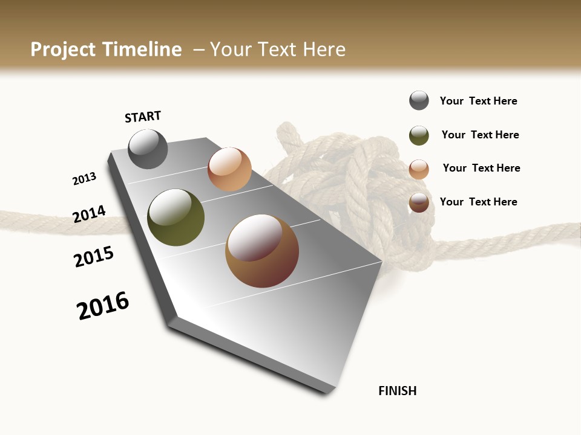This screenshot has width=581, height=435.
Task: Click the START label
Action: click(143, 117)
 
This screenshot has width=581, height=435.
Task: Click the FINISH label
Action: click(398, 391)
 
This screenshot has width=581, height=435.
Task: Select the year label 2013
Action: click(84, 179)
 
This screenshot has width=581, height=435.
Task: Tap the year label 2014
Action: click(89, 214)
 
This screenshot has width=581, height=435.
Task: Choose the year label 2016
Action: click(103, 306)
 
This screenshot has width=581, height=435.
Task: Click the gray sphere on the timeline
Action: click(148, 149)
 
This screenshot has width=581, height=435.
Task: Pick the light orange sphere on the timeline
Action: click(229, 169)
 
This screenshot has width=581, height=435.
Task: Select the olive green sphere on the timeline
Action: click(176, 217)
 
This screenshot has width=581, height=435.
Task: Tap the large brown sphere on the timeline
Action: click(262, 251)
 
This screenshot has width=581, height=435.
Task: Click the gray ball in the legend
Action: click(419, 100)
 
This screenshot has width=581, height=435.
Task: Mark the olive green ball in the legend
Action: click(419, 135)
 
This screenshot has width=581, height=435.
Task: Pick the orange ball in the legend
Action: click(419, 169)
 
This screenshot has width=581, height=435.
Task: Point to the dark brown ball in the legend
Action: click(419, 202)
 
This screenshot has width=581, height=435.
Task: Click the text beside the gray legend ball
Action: click(478, 101)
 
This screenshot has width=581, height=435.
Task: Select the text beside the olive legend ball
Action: click(480, 135)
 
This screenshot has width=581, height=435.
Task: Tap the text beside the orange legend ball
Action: click(481, 168)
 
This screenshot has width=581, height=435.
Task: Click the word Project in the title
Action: click(64, 50)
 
